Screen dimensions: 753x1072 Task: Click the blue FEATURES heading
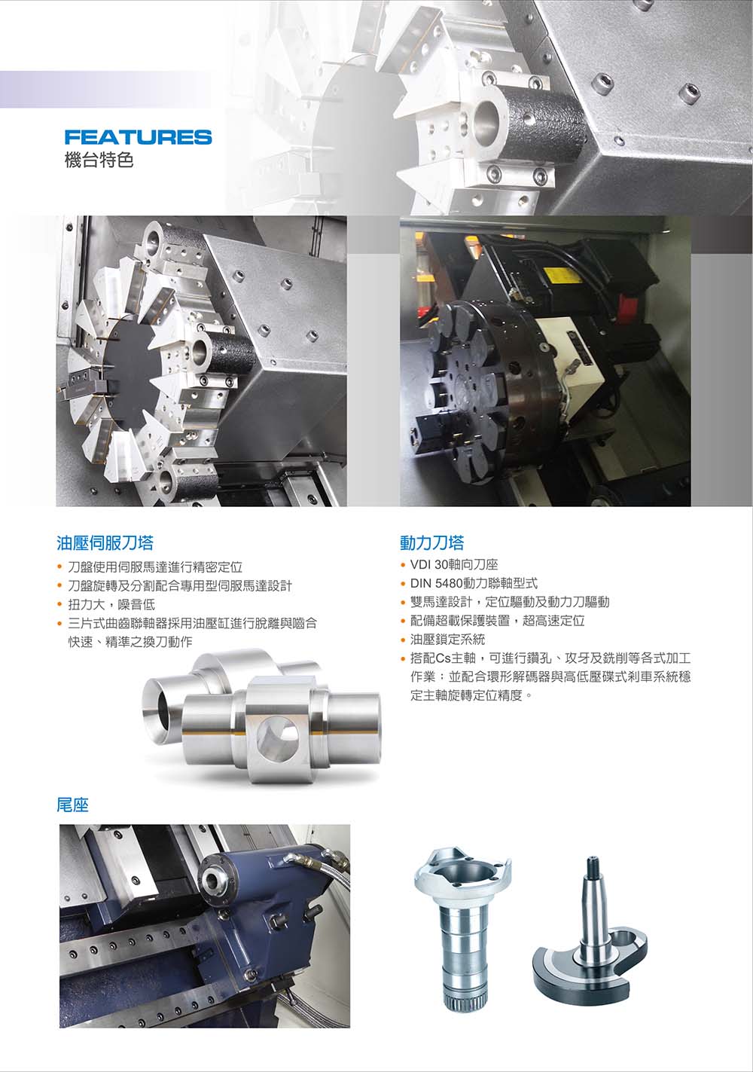(x=138, y=137)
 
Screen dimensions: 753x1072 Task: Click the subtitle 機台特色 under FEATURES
(x=99, y=160)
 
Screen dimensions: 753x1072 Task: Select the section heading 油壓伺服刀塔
(x=105, y=542)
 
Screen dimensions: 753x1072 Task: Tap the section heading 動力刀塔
(x=431, y=542)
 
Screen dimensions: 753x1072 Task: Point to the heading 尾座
(x=73, y=805)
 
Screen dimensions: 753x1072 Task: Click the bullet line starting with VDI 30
(x=454, y=565)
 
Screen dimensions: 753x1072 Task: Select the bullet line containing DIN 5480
(x=474, y=583)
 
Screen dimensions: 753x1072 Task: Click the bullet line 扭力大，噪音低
(x=111, y=604)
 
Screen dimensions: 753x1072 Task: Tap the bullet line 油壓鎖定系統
(x=448, y=640)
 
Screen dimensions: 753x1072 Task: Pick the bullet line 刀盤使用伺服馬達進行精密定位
(x=155, y=567)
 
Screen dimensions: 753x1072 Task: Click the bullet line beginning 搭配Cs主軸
(x=550, y=676)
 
